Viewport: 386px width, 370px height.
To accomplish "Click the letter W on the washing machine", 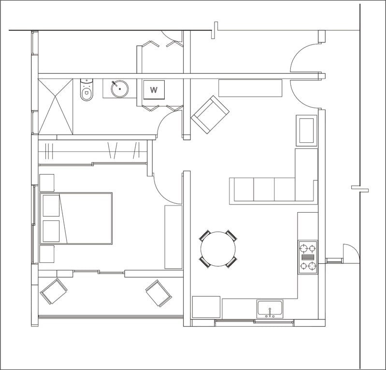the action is tap(154, 90).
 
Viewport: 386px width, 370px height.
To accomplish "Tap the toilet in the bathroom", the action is tap(86, 90).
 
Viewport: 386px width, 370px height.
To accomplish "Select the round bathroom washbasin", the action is tap(120, 88).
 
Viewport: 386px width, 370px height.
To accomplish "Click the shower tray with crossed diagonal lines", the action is tap(56, 107).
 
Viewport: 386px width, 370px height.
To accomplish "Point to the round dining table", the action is tap(218, 249).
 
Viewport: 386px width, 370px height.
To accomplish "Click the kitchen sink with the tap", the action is tap(270, 309).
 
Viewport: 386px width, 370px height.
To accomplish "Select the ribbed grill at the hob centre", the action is tap(308, 258).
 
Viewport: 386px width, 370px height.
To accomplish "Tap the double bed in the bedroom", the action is tap(76, 219).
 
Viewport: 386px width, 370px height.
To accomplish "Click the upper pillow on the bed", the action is tap(51, 206).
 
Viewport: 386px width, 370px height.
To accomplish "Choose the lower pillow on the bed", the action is tap(51, 231).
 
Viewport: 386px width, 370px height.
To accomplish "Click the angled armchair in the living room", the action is tap(210, 115).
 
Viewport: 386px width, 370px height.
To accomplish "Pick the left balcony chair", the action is tap(54, 291).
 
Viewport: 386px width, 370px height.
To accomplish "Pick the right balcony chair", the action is tap(159, 293).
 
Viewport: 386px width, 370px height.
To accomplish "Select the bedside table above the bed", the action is tap(47, 183).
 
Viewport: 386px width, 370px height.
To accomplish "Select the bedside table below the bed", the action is tap(47, 254).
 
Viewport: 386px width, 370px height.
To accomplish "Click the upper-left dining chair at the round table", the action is tap(204, 235).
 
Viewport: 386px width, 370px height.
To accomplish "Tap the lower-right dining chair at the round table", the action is tap(232, 262).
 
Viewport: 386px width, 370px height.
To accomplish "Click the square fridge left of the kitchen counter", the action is tap(206, 307).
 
